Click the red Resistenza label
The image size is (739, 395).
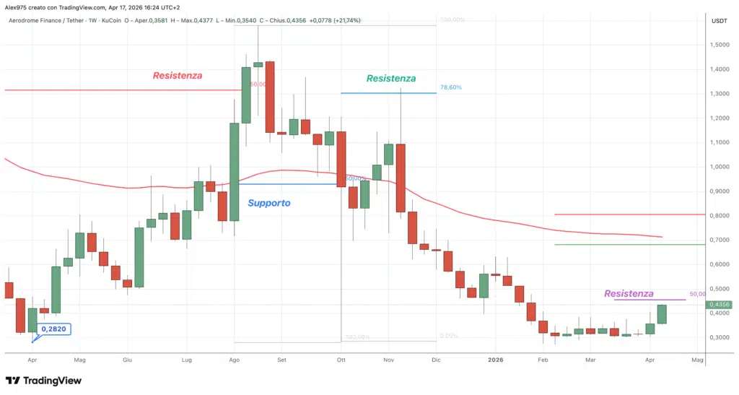click(178, 75)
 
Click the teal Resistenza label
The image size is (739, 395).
click(391, 78)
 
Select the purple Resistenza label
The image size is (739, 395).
click(629, 293)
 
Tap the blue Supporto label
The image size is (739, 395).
click(268, 203)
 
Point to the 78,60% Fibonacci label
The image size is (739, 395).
click(450, 87)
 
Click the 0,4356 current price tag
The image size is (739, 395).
click(719, 305)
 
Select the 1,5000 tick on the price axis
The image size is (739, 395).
click(719, 45)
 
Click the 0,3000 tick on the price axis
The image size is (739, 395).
click(719, 337)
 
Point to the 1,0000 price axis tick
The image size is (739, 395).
click(719, 167)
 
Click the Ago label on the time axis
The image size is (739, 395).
click(234, 359)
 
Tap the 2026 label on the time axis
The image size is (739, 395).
click(494, 359)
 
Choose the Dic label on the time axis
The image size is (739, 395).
click(435, 359)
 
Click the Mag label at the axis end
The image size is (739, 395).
click(697, 359)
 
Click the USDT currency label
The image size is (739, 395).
click(719, 21)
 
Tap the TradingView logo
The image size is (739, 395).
click(44, 381)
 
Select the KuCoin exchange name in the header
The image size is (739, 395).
click(111, 20)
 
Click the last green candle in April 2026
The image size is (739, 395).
click(662, 314)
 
